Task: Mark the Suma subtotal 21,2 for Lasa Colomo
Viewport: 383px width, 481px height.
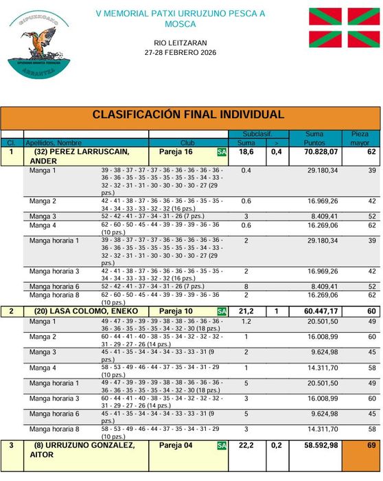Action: pyautogui.click(x=245, y=311)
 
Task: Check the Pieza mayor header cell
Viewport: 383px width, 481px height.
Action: pyautogui.click(x=360, y=138)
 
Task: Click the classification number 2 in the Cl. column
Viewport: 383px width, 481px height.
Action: pyautogui.click(x=11, y=311)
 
